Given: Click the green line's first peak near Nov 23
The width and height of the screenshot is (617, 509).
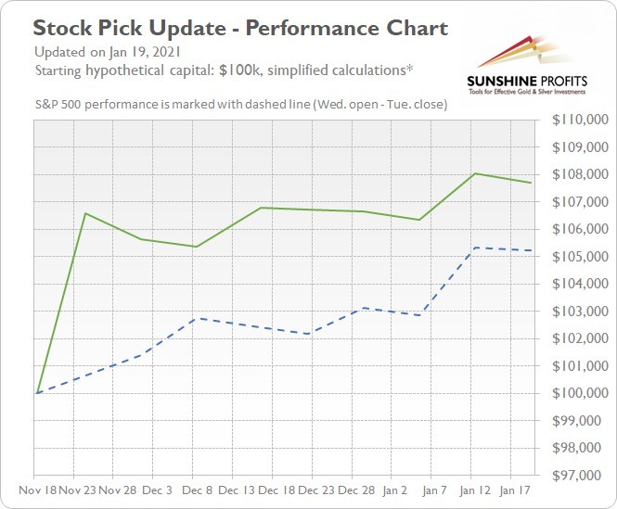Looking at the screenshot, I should pyautogui.click(x=85, y=213).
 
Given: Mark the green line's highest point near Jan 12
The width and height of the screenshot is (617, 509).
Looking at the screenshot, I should pyautogui.click(x=475, y=173).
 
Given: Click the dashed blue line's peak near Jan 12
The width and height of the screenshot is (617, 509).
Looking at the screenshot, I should pyautogui.click(x=475, y=248).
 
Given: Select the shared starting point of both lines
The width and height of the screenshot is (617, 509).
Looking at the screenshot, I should pyautogui.click(x=36, y=393).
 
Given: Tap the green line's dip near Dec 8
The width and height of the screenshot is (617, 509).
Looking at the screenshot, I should pyautogui.click(x=196, y=247).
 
